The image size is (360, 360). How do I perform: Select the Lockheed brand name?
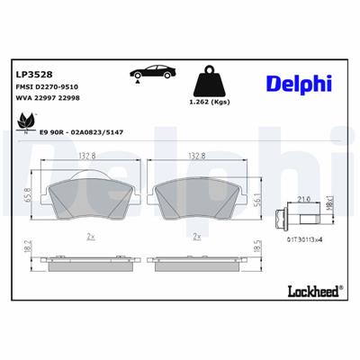311,290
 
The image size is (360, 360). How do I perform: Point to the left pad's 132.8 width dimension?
88,156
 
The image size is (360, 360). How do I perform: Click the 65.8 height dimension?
27,193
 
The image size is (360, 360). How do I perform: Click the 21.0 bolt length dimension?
305,187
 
